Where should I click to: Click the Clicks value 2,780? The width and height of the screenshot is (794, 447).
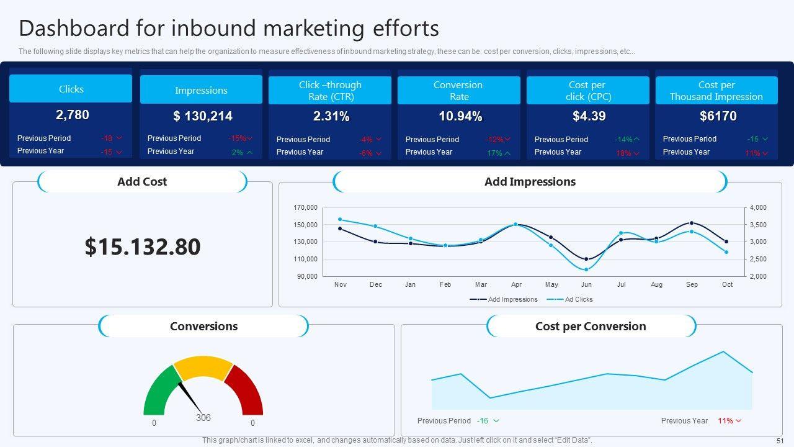click(73, 115)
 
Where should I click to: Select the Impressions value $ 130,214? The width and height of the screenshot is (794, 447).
click(203, 116)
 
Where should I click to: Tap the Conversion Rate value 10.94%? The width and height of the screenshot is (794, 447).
click(460, 116)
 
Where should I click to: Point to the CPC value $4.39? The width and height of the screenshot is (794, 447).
click(589, 116)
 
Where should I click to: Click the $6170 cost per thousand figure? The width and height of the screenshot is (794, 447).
click(718, 116)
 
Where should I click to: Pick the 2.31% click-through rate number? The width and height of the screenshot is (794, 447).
click(331, 116)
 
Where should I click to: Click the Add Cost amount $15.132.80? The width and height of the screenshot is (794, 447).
click(143, 246)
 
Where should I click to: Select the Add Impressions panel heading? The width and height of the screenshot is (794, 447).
click(530, 182)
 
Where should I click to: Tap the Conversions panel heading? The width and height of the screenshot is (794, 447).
click(203, 327)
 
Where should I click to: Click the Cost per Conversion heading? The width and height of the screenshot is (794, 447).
click(591, 327)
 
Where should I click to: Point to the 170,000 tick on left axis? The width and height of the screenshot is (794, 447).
click(306, 207)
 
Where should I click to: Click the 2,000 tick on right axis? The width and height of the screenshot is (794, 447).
click(758, 276)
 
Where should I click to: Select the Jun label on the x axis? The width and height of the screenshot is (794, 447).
click(586, 285)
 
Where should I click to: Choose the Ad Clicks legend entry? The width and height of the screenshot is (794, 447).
click(578, 299)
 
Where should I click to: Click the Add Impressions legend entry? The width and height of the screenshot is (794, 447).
click(512, 299)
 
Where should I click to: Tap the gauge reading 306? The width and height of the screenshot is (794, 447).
click(203, 418)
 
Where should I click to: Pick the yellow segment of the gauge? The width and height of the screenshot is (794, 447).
click(203, 367)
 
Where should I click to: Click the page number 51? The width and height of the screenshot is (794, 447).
click(780, 440)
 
